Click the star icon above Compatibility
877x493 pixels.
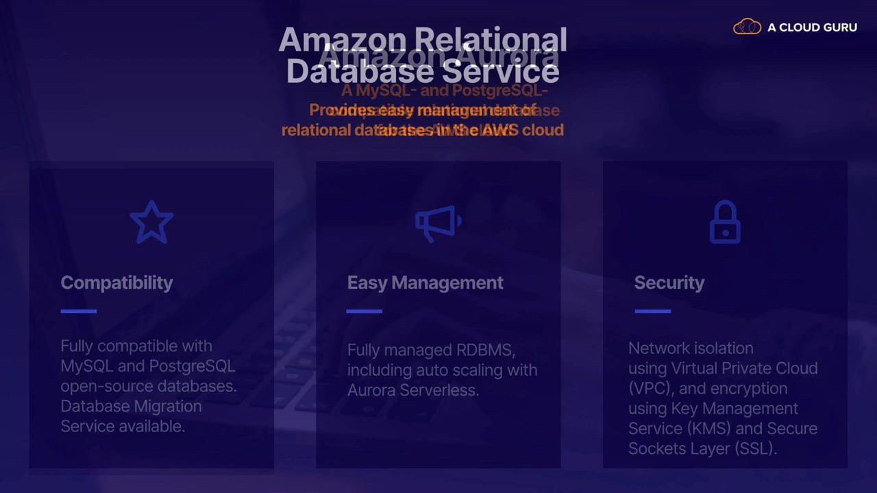click(151, 223)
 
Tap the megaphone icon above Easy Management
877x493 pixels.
click(438, 223)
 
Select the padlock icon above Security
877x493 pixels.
click(725, 222)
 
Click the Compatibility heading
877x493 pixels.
click(116, 283)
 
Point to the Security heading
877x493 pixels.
click(669, 283)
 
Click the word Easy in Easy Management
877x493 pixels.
click(367, 283)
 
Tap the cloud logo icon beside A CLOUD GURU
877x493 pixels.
click(747, 27)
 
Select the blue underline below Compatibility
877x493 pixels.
click(79, 311)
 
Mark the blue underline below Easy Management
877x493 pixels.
click(364, 311)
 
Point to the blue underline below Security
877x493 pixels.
click(652, 311)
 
